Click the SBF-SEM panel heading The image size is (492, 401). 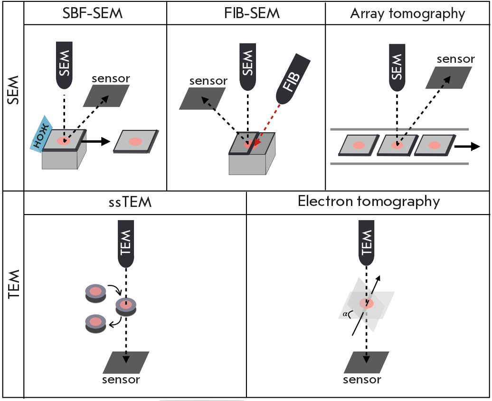click(x=93, y=13)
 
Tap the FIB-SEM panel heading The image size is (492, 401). click(x=246, y=13)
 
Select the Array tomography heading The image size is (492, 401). click(x=407, y=13)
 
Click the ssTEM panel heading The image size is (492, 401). click(x=134, y=202)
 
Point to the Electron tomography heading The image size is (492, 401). click(x=369, y=201)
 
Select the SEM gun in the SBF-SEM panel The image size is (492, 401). click(x=66, y=64)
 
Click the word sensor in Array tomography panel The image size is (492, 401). click(x=455, y=59)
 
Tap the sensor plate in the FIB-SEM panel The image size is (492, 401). click(x=203, y=100)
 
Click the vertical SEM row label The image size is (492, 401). click(x=13, y=93)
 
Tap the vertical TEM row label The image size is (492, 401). click(x=13, y=285)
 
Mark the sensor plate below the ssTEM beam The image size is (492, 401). click(x=126, y=362)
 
